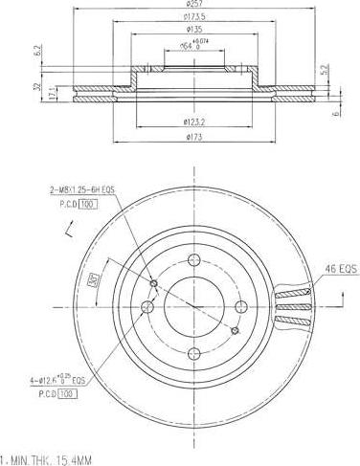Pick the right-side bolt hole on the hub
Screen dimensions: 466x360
click(239, 305)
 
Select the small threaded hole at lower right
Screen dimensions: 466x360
click(234, 331)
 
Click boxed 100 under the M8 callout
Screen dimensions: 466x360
click(88, 205)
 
